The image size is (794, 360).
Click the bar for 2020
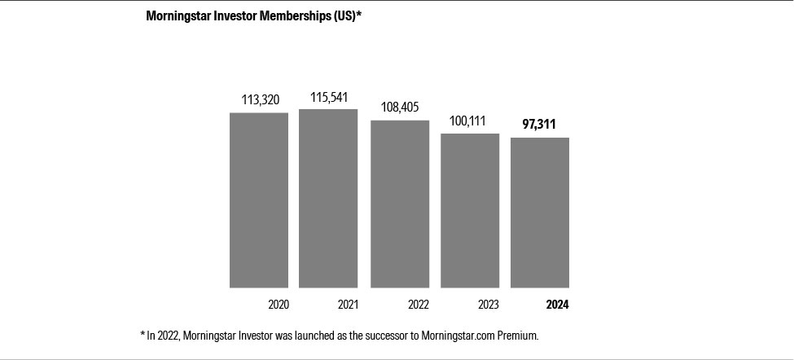pos(259,200)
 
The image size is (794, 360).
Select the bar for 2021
pos(328,198)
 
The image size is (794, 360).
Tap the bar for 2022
pos(400,204)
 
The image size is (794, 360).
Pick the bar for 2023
pos(470,210)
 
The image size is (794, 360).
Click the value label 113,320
pos(260,100)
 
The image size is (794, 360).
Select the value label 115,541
pos(329,97)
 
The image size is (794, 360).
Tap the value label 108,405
pos(400,108)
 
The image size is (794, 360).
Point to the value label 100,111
pos(467,121)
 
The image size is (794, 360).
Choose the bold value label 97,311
pos(539,125)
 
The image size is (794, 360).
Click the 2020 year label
pos(279,305)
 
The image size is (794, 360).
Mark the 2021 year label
pos(348,305)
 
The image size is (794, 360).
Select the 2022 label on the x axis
pos(419,305)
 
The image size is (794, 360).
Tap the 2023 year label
pos(489,305)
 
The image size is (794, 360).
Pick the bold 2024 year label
pos(558,305)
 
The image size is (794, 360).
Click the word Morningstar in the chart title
pos(177,15)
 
